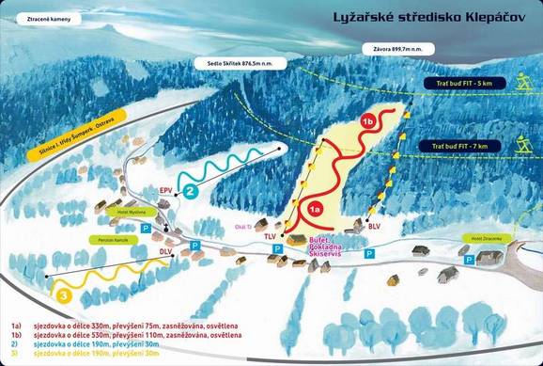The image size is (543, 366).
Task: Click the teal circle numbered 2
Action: [190, 191]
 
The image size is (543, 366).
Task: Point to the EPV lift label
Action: [166, 188]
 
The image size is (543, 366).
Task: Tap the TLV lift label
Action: [271, 235]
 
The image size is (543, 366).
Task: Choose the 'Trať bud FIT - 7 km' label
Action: [461, 147]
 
